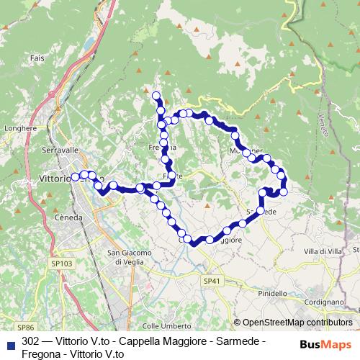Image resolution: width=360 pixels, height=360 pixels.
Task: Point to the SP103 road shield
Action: pyautogui.click(x=63, y=264)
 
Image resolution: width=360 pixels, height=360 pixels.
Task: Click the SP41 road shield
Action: pyautogui.click(x=210, y=279)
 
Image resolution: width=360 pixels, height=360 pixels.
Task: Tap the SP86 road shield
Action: pyautogui.click(x=27, y=327)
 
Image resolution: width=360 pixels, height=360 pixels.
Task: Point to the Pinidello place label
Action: pyautogui.click(x=272, y=294)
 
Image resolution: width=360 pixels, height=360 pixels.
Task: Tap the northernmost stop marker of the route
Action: pyautogui.click(x=156, y=94)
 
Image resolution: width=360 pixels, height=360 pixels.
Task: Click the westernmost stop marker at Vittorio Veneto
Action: pyautogui.click(x=74, y=176)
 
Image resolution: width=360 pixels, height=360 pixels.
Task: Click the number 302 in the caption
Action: pyautogui.click(x=31, y=340)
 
